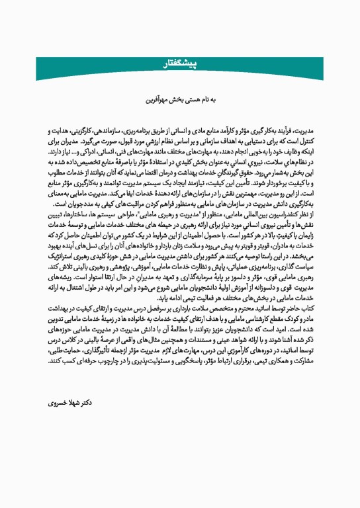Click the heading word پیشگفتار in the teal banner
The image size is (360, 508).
pyautogui.click(x=180, y=63)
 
